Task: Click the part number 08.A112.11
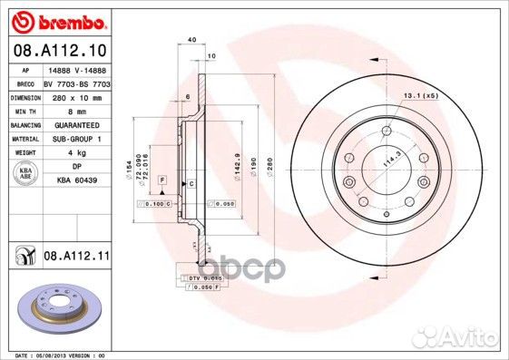[x=75, y=257]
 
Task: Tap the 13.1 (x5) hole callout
[x=421, y=95]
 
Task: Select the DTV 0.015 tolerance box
[x=203, y=276]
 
